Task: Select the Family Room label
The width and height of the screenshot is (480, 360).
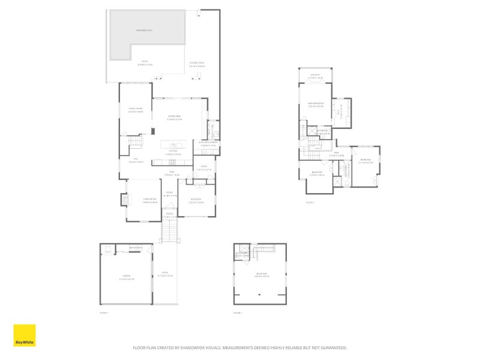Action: click(x=135, y=109)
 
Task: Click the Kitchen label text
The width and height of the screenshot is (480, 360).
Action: click(x=173, y=152)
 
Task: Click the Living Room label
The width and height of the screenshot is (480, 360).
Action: click(x=149, y=200)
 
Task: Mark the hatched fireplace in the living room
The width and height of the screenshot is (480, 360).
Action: click(x=125, y=199)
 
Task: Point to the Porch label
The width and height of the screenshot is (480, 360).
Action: click(x=170, y=215)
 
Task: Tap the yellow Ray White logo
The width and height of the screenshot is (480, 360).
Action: click(x=24, y=335)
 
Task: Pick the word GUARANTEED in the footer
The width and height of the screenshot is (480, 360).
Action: click(x=331, y=347)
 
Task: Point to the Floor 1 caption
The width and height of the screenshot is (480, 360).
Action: click(x=103, y=313)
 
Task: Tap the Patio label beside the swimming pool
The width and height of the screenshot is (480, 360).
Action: click(x=144, y=62)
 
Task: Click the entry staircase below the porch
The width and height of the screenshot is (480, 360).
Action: click(x=170, y=230)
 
